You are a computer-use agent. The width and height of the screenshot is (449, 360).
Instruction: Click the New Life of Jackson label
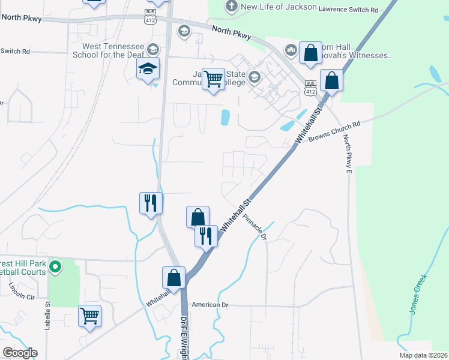(x=278, y=7)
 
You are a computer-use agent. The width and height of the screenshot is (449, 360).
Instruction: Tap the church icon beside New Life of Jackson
(x=232, y=7)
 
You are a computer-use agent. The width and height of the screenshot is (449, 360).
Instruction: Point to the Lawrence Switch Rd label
(x=349, y=10)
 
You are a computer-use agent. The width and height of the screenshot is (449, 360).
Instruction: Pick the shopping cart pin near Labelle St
(x=89, y=315)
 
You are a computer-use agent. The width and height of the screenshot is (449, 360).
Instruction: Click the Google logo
(x=20, y=353)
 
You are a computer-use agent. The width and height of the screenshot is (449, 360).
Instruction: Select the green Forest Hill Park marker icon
(x=55, y=266)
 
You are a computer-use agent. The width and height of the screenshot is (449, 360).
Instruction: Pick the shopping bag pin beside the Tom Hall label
(x=310, y=53)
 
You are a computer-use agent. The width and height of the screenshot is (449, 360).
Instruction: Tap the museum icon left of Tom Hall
(x=291, y=50)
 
